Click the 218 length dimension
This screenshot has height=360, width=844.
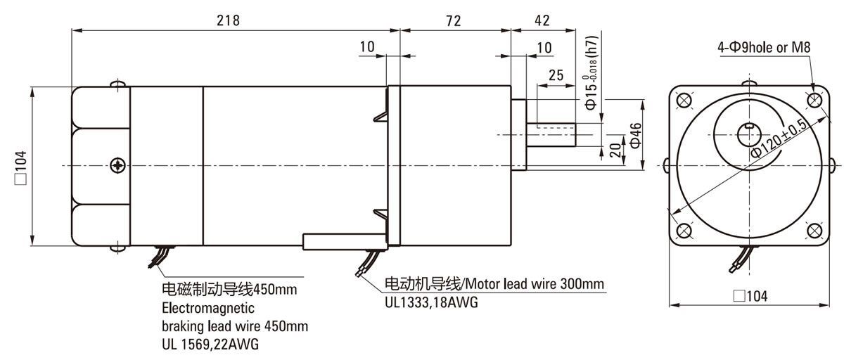tap(229, 20)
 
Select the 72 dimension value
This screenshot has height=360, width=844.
tap(453, 20)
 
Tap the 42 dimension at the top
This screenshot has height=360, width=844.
tap(542, 20)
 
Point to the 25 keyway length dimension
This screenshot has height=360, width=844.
tap(556, 75)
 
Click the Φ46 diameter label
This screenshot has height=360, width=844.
tap(635, 134)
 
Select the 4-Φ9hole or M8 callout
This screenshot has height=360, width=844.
tap(765, 49)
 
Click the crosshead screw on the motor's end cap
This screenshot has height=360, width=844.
tap(117, 166)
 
